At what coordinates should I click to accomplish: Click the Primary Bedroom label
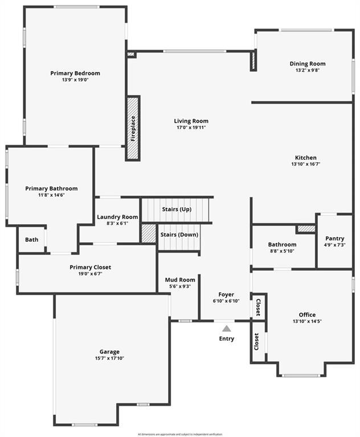tap(75, 73)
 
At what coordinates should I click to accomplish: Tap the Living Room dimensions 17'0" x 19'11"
tap(191, 127)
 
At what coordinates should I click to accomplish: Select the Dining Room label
tap(308, 64)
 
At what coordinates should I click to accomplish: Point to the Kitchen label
tap(305, 158)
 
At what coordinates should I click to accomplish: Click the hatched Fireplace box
tap(133, 128)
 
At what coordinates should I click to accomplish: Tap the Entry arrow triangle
tap(227, 328)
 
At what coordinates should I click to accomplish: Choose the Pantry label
tap(334, 238)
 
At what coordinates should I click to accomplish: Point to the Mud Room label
tap(180, 279)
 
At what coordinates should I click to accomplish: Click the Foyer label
tap(226, 294)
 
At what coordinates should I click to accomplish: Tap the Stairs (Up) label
tap(176, 209)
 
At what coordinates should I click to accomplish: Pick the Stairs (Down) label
tap(179, 234)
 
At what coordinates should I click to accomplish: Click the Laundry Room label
tap(117, 217)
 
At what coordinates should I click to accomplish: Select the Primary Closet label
tap(90, 267)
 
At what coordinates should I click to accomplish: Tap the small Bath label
tap(31, 240)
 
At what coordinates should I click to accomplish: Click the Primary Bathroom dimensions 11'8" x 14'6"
tap(51, 195)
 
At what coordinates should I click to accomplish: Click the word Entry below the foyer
tap(227, 339)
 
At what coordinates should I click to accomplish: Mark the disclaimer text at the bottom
tap(180, 434)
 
